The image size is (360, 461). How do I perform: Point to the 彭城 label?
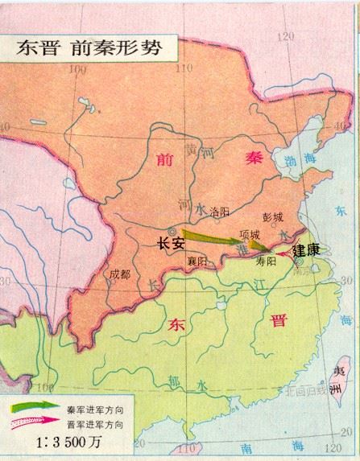point(273,217)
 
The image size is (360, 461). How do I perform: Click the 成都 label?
point(120,274)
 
